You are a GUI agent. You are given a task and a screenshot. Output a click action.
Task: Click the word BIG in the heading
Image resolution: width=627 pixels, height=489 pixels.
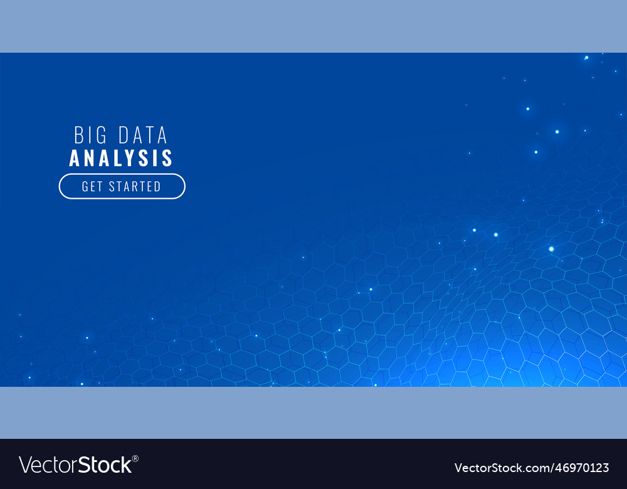pyautogui.click(x=89, y=135)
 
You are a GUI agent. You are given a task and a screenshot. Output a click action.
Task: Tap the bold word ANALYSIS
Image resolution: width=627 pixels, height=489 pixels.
pyautogui.click(x=121, y=158)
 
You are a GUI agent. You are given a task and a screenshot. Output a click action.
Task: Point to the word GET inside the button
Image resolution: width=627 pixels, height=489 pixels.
pyautogui.click(x=92, y=186)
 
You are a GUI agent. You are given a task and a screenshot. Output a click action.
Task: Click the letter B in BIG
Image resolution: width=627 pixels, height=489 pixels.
pyautogui.click(x=79, y=135)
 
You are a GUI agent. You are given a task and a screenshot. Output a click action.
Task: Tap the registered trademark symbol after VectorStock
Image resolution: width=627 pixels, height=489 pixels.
pyautogui.click(x=135, y=458)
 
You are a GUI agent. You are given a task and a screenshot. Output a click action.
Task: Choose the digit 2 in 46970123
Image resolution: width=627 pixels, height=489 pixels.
pyautogui.click(x=597, y=468)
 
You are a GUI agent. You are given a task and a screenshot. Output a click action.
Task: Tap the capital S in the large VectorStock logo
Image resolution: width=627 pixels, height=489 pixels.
pyautogui.click(x=85, y=465)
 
